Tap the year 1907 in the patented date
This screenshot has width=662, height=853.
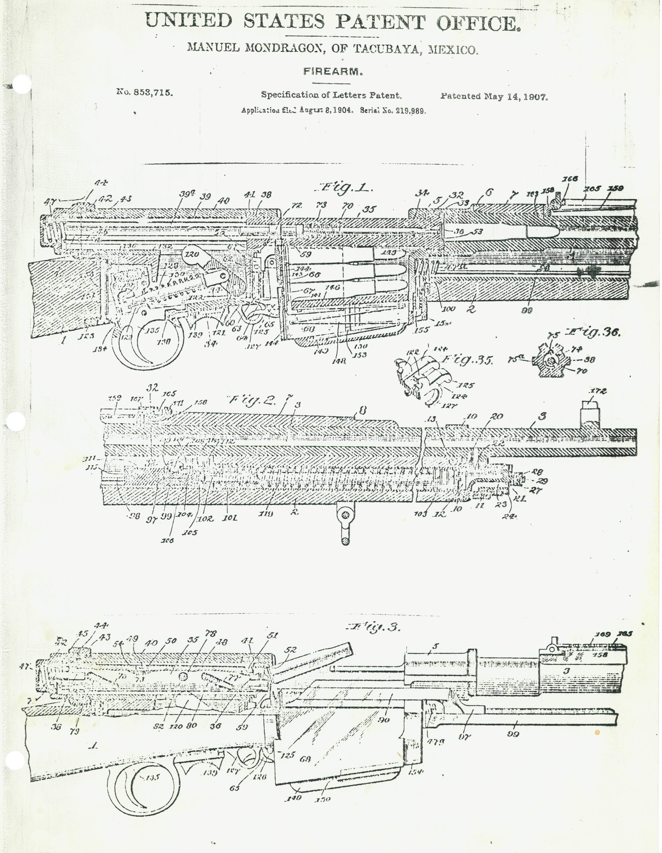(x=535, y=97)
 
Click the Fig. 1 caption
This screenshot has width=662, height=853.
(x=344, y=189)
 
